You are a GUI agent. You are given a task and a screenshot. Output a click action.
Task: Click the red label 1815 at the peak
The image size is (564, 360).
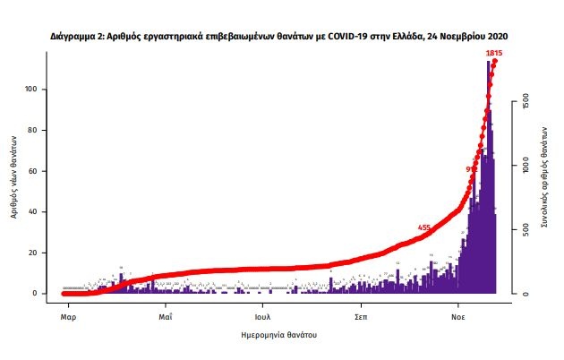(x=493, y=55)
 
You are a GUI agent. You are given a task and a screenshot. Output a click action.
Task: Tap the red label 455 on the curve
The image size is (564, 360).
(x=424, y=228)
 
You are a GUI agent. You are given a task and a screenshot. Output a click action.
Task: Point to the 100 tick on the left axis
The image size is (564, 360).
(x=38, y=90)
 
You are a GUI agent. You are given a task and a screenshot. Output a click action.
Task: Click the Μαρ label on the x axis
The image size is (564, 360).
(x=66, y=318)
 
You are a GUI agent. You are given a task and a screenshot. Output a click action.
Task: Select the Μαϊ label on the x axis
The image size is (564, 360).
(x=166, y=318)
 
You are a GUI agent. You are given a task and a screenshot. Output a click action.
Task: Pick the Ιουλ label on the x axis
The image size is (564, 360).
(x=262, y=318)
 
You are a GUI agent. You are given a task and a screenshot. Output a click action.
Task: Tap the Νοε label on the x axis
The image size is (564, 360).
(x=457, y=318)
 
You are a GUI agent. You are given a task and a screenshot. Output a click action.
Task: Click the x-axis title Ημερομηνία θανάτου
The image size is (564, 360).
(x=279, y=335)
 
